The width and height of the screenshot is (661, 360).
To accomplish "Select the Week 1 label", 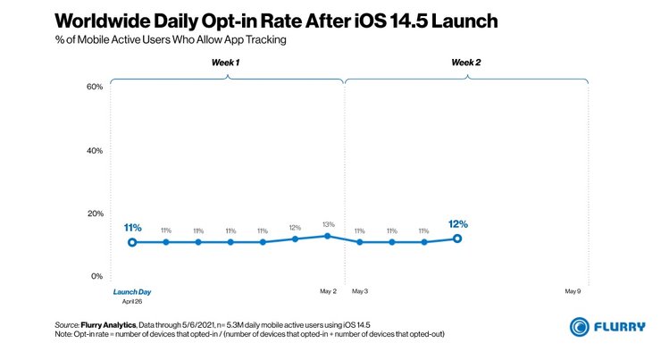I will (225, 63).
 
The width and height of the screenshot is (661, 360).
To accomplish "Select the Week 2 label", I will (464, 63).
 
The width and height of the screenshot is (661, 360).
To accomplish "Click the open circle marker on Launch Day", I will (132, 242).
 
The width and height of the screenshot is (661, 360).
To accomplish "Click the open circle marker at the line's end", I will (457, 239).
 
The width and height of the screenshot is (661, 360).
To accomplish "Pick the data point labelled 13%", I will (328, 236).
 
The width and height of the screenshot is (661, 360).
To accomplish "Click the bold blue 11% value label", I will (133, 228).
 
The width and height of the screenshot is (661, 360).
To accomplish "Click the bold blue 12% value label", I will (458, 224).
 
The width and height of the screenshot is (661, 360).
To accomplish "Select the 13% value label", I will (328, 224).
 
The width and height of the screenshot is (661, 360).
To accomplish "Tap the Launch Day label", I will (131, 291).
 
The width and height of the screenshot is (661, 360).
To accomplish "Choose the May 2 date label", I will (328, 291).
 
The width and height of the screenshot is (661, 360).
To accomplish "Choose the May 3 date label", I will (360, 291).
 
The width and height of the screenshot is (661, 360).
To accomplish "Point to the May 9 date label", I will (573, 291).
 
